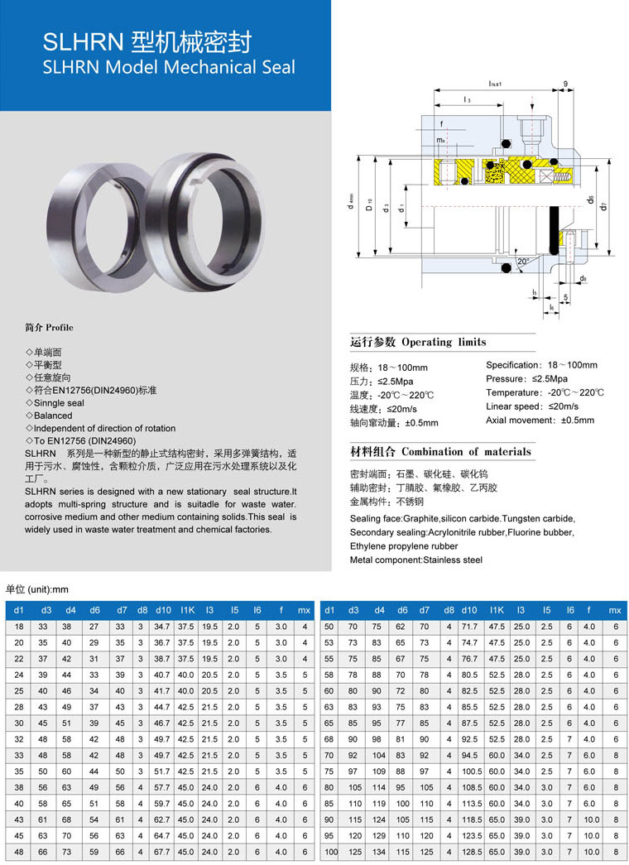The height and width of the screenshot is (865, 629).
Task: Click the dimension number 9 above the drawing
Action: [565, 84]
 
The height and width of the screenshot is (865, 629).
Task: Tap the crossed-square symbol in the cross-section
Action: [545, 175]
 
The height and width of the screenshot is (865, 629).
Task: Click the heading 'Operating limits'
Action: [444, 342]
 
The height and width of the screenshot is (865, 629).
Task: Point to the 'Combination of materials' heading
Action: [466, 452]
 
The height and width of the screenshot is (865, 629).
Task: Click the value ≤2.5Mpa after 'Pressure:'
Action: [555, 378]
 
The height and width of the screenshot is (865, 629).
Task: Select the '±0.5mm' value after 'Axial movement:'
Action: [577, 420]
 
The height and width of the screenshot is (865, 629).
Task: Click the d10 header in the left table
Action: [162, 610]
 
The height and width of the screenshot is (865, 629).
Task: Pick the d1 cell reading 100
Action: [331, 851]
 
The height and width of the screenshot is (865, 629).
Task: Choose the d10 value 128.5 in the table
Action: [469, 851]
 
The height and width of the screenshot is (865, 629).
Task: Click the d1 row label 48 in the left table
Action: [18, 851]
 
